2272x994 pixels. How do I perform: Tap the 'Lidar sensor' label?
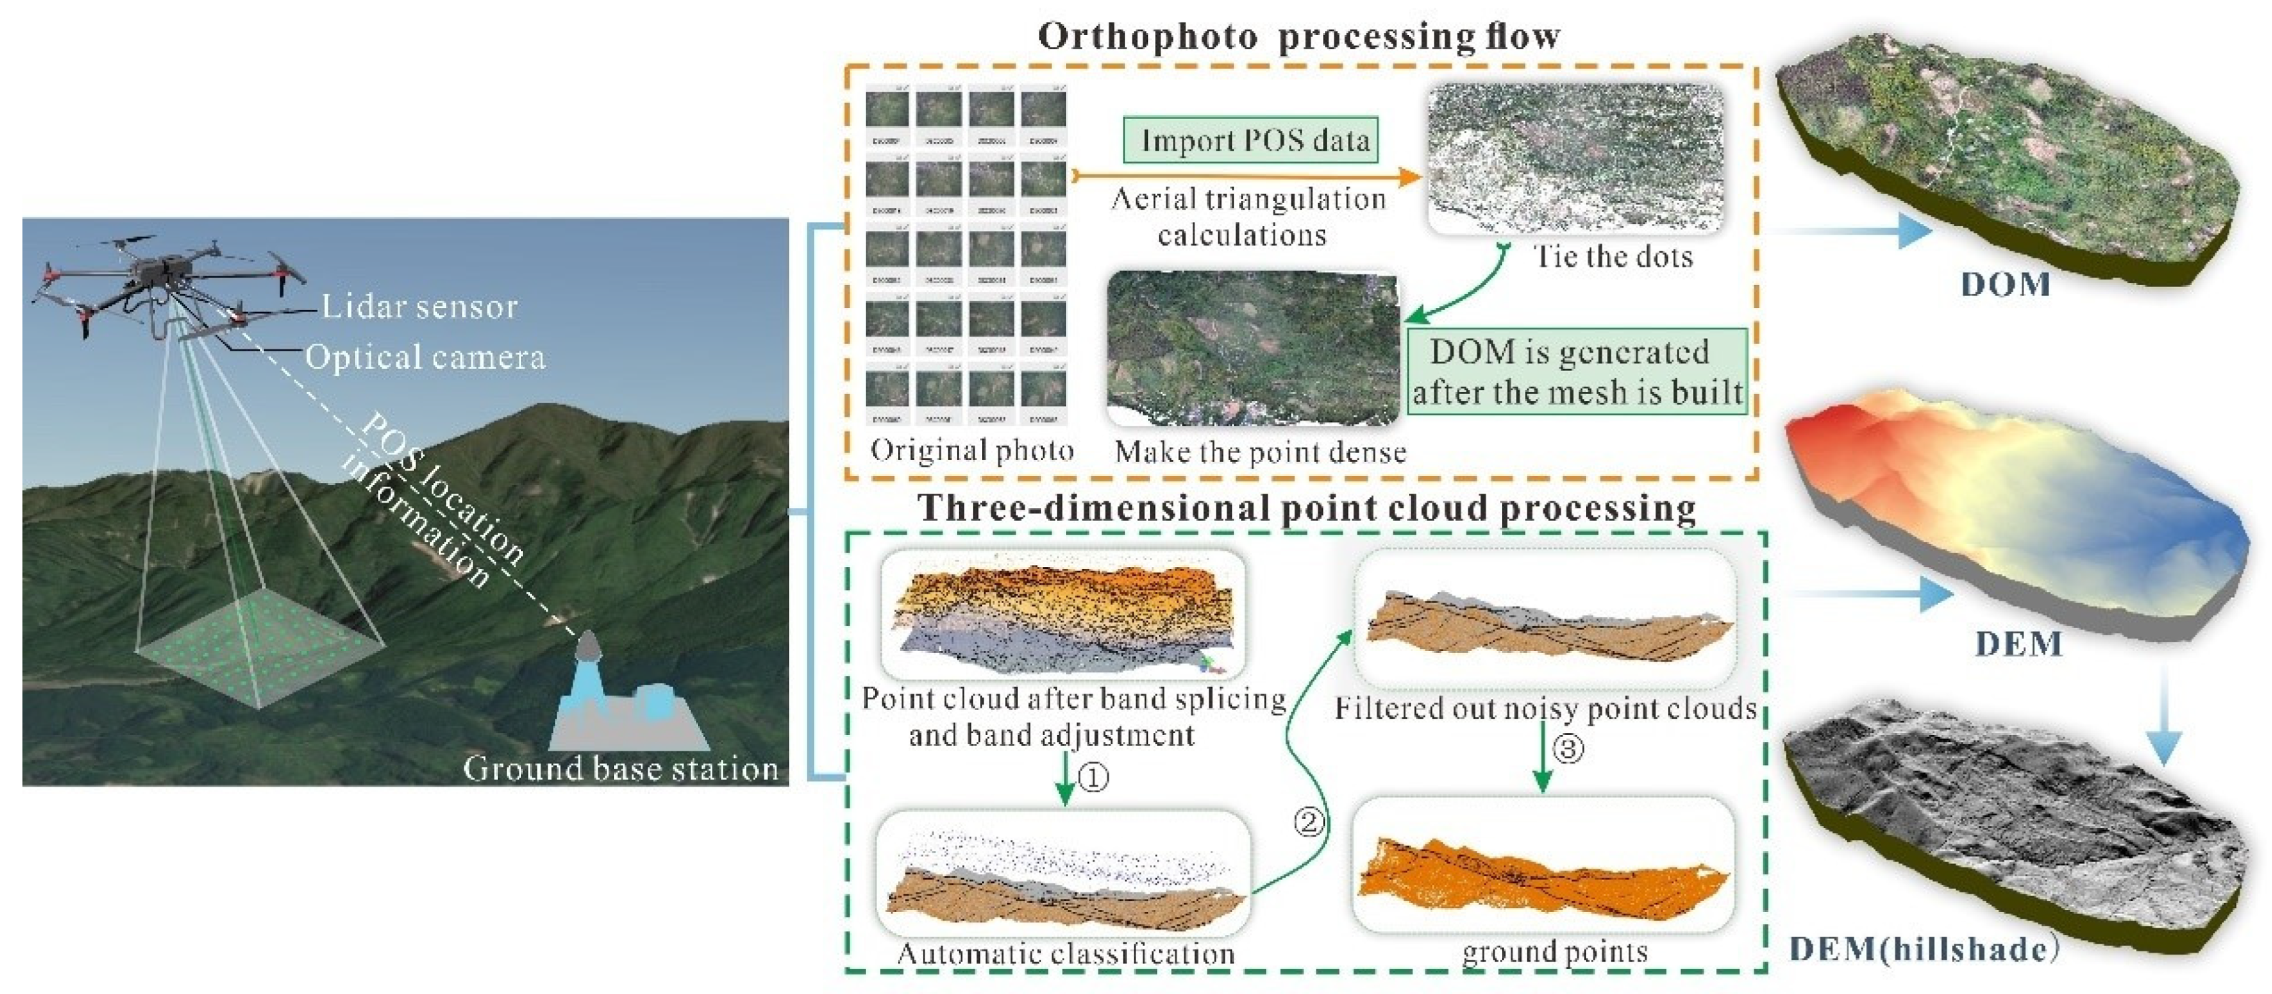419,307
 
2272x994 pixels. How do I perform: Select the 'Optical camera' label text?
425,357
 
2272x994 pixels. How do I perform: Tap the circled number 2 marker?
1309,822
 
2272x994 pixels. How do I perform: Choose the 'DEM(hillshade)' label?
1923,950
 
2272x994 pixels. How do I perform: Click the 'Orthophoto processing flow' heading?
1298,36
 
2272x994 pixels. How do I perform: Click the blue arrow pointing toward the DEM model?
1870,594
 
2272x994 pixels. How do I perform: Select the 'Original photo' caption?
972,451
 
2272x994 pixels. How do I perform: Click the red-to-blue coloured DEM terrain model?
2020,520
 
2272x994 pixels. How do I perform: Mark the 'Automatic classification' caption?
1065,954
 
